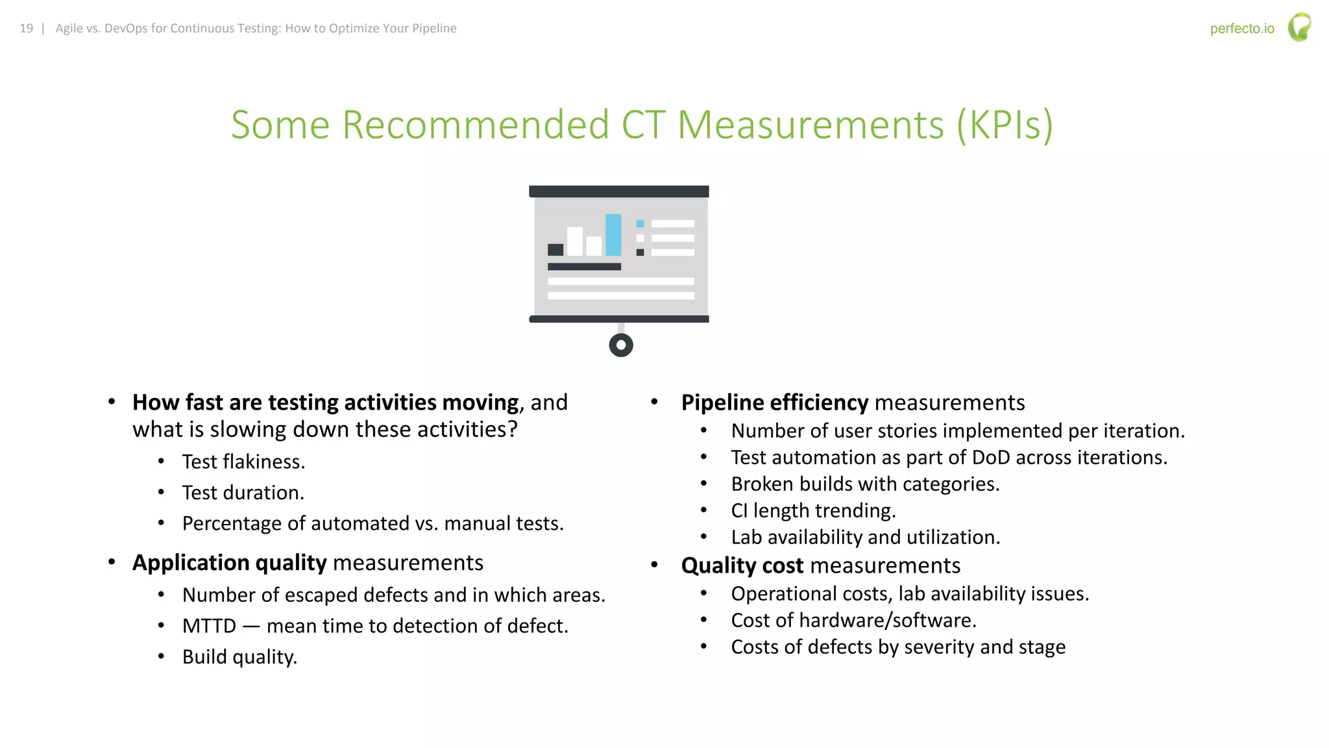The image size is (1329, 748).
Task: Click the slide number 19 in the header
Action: pyautogui.click(x=26, y=29)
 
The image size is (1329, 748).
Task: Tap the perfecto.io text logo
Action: pyautogui.click(x=1241, y=29)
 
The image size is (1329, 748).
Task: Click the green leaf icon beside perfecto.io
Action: pyautogui.click(x=1299, y=27)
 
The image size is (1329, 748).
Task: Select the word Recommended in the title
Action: pyautogui.click(x=475, y=125)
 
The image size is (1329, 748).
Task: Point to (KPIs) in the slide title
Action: pyautogui.click(x=1005, y=125)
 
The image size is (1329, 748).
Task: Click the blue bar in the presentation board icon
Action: pyautogui.click(x=613, y=234)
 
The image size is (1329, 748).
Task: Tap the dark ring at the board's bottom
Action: pyautogui.click(x=621, y=345)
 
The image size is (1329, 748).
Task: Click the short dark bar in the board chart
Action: pyautogui.click(x=555, y=249)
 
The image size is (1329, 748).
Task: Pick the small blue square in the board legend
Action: pyautogui.click(x=640, y=223)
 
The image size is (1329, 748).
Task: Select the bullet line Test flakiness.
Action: pyautogui.click(x=243, y=462)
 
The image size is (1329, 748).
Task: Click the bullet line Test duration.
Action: pyautogui.click(x=243, y=493)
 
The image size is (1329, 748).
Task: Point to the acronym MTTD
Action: pyautogui.click(x=209, y=626)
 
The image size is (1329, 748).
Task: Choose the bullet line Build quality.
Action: pyautogui.click(x=239, y=657)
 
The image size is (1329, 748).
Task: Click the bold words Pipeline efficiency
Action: pyautogui.click(x=774, y=403)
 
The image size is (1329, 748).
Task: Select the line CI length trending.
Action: pyautogui.click(x=813, y=511)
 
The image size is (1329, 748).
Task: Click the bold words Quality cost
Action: pyautogui.click(x=742, y=566)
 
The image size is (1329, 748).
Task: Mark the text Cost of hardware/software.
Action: pyautogui.click(x=853, y=621)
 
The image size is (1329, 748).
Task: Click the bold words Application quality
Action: pyautogui.click(x=230, y=563)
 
